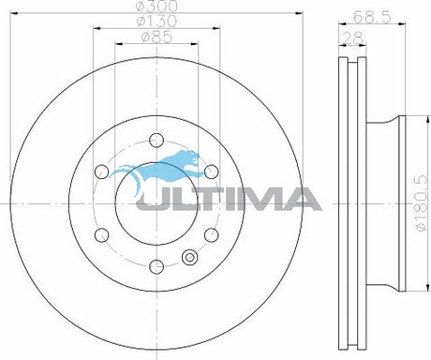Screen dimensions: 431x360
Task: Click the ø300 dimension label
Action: (157, 6)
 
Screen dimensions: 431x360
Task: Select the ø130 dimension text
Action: (156, 21)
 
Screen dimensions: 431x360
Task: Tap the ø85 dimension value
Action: (156, 37)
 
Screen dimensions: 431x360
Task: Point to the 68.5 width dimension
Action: (372, 17)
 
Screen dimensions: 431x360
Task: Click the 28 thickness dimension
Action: (353, 37)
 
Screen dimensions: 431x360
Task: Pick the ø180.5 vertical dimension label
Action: (422, 202)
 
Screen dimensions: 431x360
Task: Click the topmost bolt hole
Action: (156, 140)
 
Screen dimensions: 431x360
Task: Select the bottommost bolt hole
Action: (156, 266)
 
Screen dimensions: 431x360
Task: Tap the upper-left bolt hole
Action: (101, 172)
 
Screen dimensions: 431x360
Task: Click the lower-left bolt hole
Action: (101, 235)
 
